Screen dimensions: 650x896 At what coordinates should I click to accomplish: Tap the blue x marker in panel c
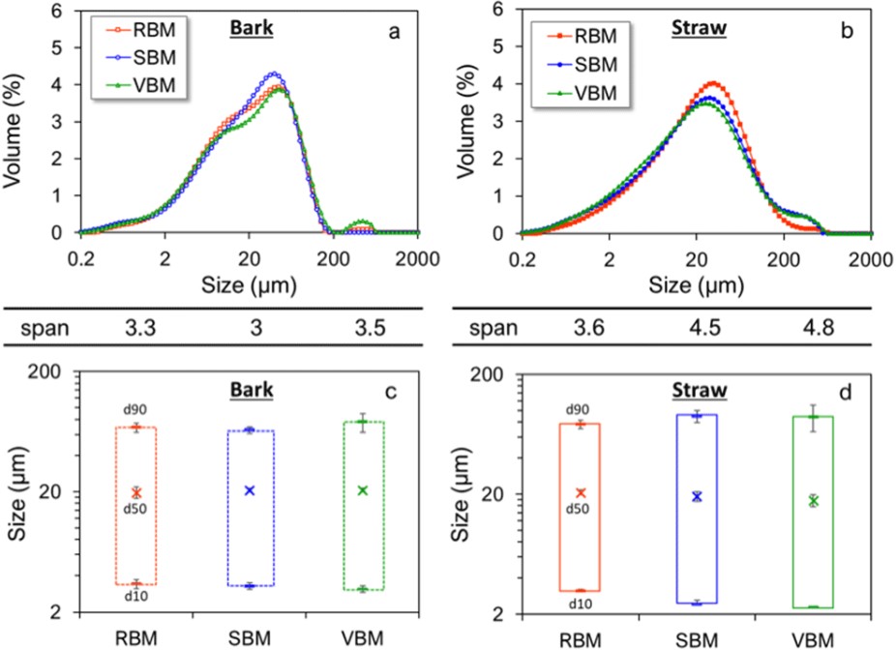pos(250,490)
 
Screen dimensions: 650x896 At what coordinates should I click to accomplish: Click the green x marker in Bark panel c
pos(363,490)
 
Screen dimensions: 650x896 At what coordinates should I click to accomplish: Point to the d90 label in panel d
pos(579,410)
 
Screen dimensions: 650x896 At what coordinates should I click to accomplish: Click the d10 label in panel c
pos(135,596)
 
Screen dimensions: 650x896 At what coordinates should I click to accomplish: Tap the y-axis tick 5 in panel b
pos(499,47)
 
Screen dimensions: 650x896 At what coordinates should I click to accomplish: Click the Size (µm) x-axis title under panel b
pos(697,285)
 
